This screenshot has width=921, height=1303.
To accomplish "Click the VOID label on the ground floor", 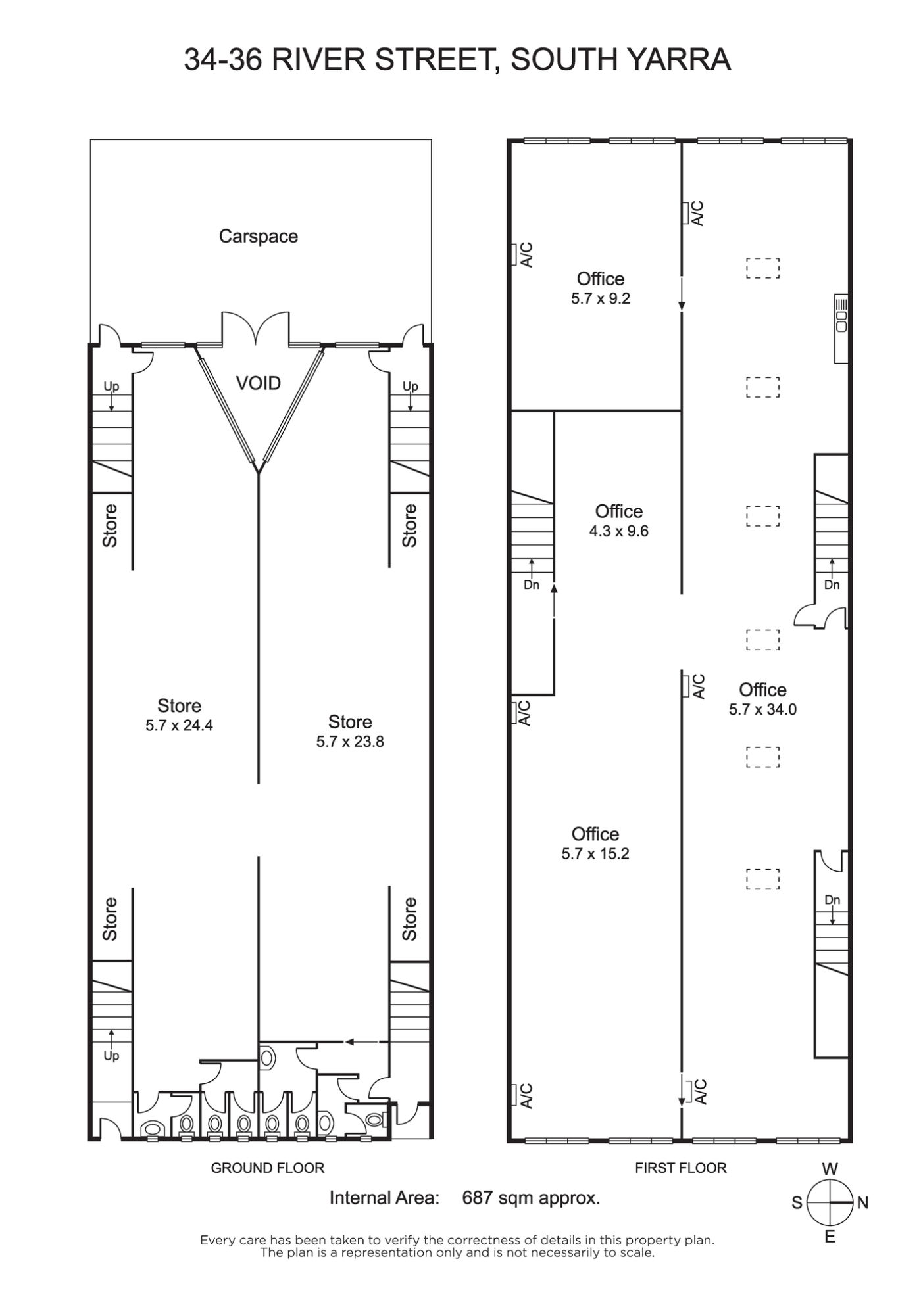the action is [x=258, y=383].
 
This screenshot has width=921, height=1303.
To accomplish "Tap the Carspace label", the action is [x=259, y=236].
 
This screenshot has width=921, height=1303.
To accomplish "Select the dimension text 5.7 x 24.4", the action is [x=179, y=726].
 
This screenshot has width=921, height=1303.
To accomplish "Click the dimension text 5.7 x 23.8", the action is [x=350, y=742].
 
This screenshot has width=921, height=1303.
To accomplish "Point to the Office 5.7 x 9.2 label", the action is [x=601, y=289].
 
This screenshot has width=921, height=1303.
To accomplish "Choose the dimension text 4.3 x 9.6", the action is [x=619, y=531].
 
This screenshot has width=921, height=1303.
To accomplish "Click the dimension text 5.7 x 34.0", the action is [x=762, y=709].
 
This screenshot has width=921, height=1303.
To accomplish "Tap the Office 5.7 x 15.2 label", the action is [x=595, y=843].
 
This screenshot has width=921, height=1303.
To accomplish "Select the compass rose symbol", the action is [x=830, y=1202].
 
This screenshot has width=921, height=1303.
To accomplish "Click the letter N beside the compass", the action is [x=863, y=1203].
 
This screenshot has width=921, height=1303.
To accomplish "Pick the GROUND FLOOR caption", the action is [x=268, y=1168].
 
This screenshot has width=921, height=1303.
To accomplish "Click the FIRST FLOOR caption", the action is [x=681, y=1168].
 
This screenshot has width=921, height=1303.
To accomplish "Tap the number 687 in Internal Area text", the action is [x=478, y=1198].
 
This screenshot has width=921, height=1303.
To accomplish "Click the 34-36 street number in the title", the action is [x=224, y=59].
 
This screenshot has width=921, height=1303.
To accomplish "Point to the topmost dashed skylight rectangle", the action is [x=763, y=268].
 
